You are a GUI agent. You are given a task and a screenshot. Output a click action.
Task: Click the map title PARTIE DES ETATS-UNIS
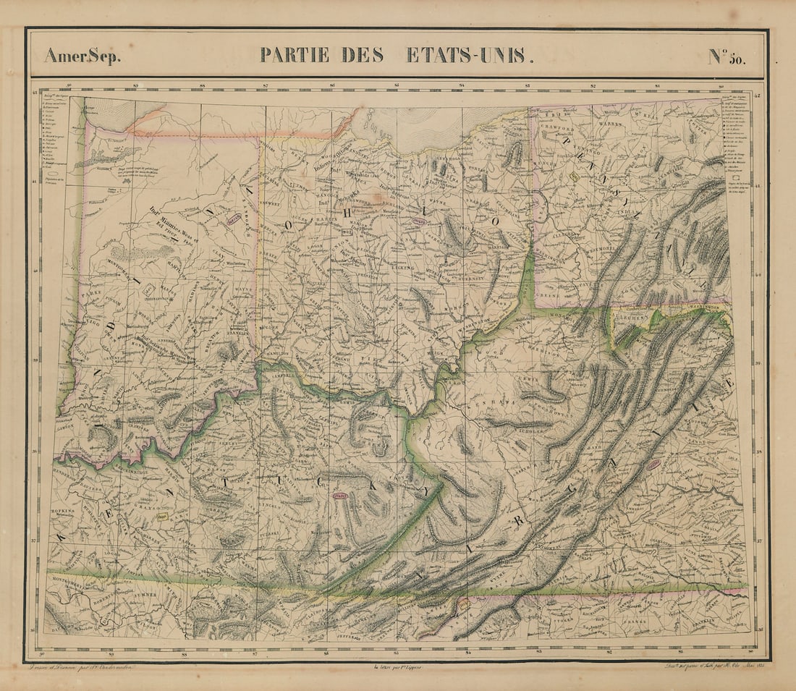[397, 55]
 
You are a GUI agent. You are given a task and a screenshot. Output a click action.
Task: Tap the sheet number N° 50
[726, 56]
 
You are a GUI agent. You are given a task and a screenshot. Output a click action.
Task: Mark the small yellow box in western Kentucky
[163, 517]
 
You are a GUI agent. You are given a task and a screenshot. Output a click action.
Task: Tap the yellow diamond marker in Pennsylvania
[574, 176]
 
